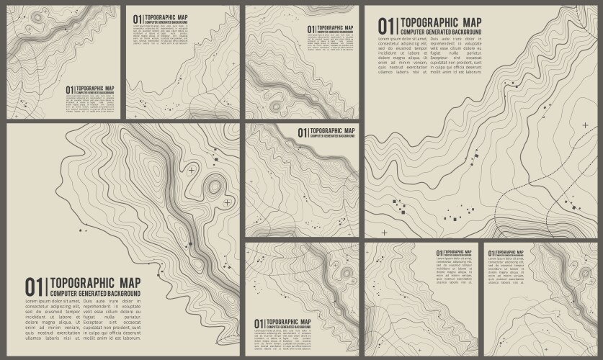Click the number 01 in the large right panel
387,26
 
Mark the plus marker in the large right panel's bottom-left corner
384,233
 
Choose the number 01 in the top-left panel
69,91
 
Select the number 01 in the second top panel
138,19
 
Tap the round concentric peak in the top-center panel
274,107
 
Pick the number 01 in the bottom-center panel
258,323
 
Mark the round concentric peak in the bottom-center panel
347,274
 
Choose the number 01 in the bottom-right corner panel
491,253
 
